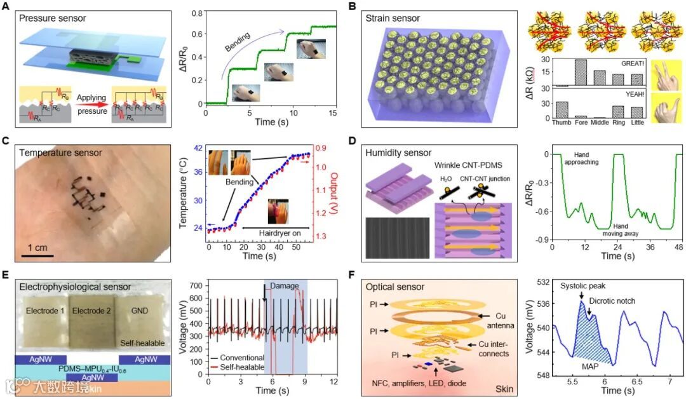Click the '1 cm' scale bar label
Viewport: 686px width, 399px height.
click(x=37, y=247)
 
